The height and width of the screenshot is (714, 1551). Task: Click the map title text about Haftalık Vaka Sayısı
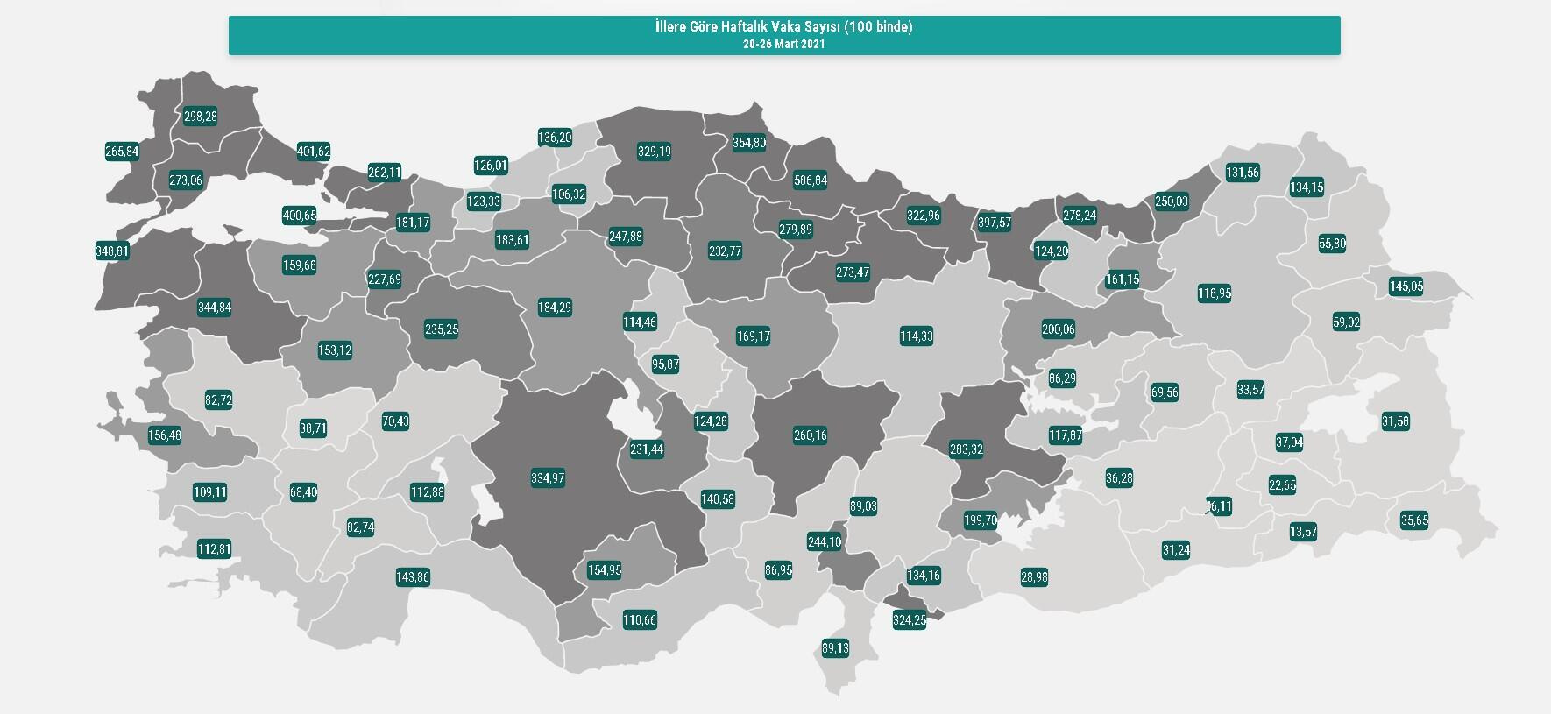pyautogui.click(x=783, y=27)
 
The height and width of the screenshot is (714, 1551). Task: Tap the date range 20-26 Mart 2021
pyautogui.click(x=783, y=44)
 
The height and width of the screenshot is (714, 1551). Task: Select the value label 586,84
pyautogui.click(x=810, y=180)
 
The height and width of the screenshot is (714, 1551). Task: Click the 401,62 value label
pyautogui.click(x=314, y=152)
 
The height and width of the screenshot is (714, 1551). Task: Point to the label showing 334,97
pyautogui.click(x=548, y=478)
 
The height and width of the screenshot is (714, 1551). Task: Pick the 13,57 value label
pyautogui.click(x=1303, y=532)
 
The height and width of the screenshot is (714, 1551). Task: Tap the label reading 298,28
pyautogui.click(x=200, y=117)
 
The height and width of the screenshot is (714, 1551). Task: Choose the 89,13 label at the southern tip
pyautogui.click(x=835, y=649)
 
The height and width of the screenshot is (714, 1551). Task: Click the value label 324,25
pyautogui.click(x=909, y=620)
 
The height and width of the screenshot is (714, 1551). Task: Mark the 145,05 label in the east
pyautogui.click(x=1406, y=286)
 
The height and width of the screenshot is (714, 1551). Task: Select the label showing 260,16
pyautogui.click(x=810, y=435)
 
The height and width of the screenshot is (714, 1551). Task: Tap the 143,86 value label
pyautogui.click(x=413, y=577)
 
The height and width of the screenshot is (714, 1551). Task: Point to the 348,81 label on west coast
pyautogui.click(x=112, y=251)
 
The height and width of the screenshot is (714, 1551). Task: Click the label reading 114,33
pyautogui.click(x=916, y=336)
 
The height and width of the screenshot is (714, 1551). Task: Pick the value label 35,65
pyautogui.click(x=1414, y=520)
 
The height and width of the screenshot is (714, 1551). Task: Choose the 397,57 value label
pyautogui.click(x=995, y=223)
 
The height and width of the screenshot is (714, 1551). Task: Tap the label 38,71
pyautogui.click(x=312, y=429)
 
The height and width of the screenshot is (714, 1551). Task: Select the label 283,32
pyautogui.click(x=966, y=449)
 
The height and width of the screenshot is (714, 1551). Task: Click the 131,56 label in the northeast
pyautogui.click(x=1242, y=173)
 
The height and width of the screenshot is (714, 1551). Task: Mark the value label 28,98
pyautogui.click(x=1034, y=577)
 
